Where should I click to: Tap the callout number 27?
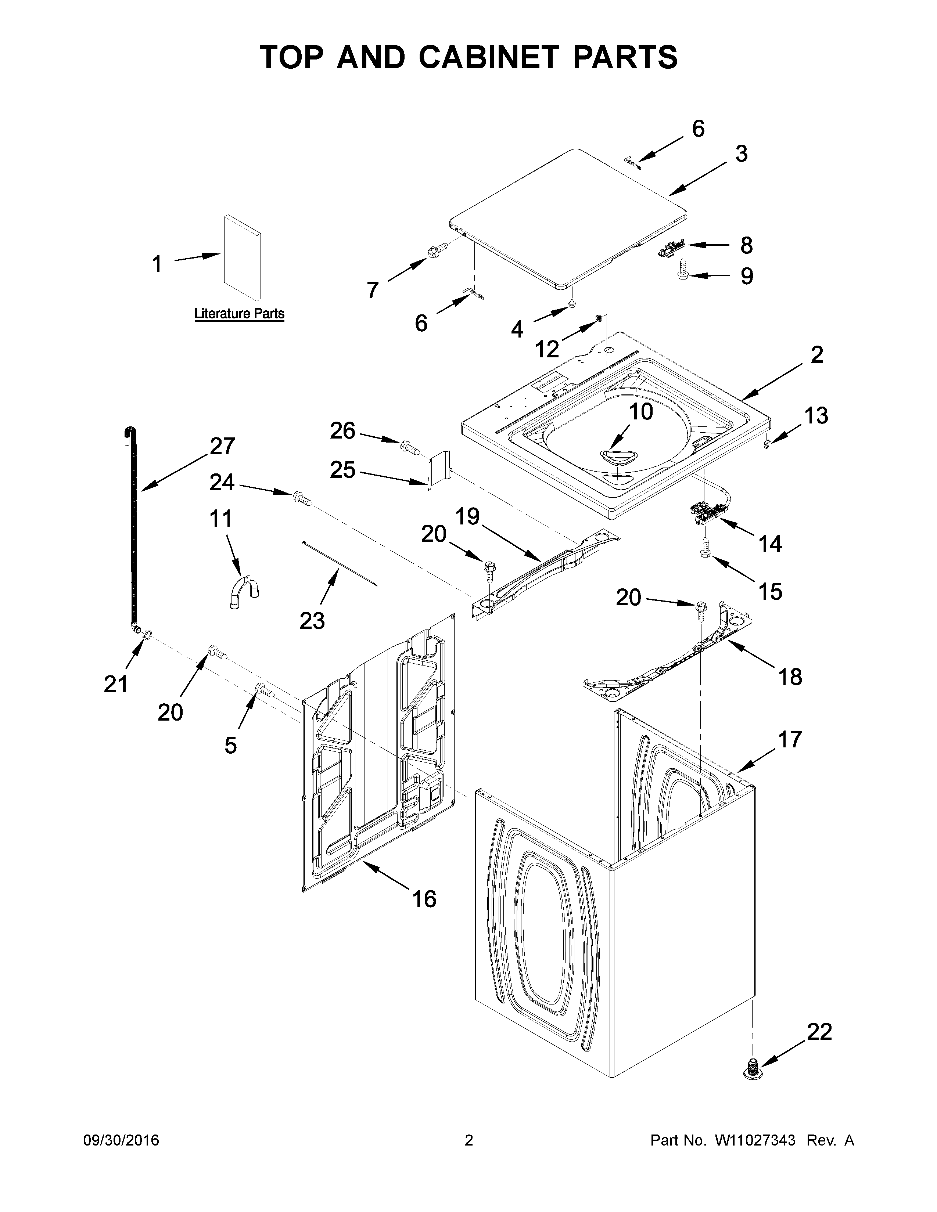pyautogui.click(x=222, y=446)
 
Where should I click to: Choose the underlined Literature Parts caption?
pyautogui.click(x=239, y=314)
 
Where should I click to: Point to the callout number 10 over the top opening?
pyautogui.click(x=640, y=412)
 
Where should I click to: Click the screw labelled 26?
pyautogui.click(x=409, y=445)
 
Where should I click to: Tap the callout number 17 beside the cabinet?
pyautogui.click(x=789, y=739)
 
